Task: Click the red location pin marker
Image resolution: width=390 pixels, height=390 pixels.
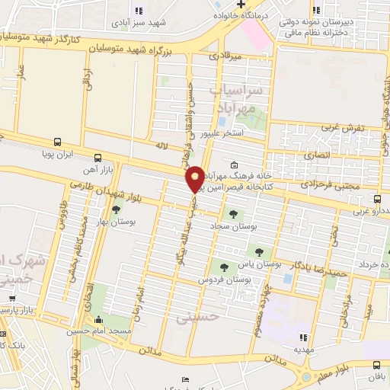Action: [196, 179]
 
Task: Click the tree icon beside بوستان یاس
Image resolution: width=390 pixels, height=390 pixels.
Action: [260, 251]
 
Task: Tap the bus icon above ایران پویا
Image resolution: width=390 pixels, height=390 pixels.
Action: [59, 142]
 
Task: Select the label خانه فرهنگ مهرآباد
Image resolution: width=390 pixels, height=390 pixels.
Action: [261, 174]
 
